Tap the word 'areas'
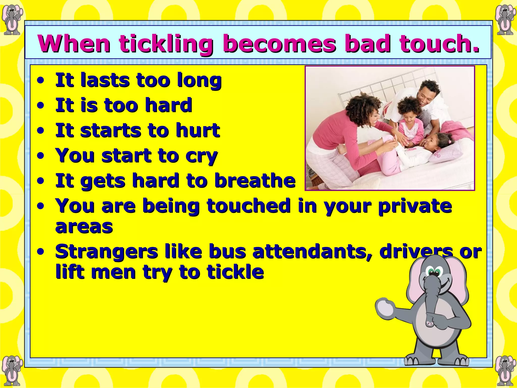[x=84, y=226]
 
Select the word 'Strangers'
[x=106, y=252]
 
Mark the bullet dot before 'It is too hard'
[x=40, y=106]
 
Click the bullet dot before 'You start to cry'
[x=40, y=156]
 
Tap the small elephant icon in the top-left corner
[x=12, y=20]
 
